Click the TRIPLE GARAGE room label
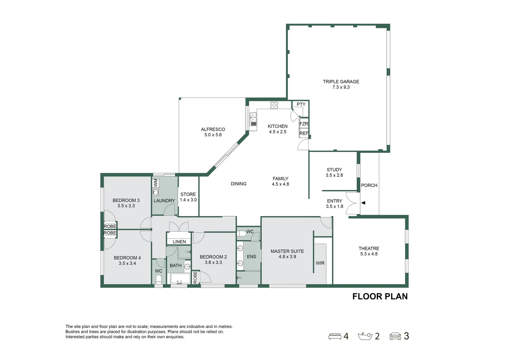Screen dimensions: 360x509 (341, 81)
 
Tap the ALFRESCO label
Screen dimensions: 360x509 (213, 129)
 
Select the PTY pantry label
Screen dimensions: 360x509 (301, 104)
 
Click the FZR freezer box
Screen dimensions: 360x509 (303, 124)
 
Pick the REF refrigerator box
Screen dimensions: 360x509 (303, 133)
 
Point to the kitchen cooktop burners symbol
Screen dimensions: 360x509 (274, 105)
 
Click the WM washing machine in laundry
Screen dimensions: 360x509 (156, 183)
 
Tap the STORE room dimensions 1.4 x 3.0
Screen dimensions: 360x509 (188, 200)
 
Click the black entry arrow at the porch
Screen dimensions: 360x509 (363, 203)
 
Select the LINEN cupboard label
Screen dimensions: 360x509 (179, 242)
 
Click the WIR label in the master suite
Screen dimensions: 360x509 (320, 263)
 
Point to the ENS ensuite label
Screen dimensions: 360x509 (252, 257)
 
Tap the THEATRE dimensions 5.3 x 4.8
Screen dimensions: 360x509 (369, 254)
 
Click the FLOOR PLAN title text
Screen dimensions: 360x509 (380, 296)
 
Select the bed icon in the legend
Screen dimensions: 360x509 (334, 336)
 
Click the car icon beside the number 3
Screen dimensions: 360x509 (395, 336)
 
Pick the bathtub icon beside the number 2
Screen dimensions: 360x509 (365, 336)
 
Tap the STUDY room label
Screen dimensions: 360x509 (334, 170)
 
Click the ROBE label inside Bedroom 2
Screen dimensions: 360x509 (195, 277)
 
